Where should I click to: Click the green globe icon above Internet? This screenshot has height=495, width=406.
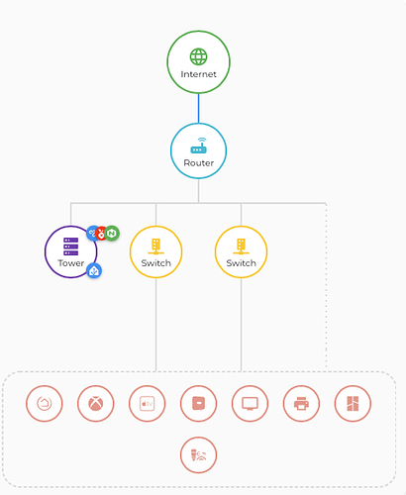click(198, 56)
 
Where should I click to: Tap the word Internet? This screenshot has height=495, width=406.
click(198, 74)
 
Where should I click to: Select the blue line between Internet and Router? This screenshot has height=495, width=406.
click(198, 108)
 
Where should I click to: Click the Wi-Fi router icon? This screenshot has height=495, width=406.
click(198, 146)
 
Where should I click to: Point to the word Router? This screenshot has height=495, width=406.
click(199, 163)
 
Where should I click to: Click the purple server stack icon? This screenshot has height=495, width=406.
click(71, 247)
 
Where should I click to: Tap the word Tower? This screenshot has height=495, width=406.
click(71, 263)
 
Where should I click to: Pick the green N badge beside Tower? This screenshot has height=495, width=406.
click(112, 234)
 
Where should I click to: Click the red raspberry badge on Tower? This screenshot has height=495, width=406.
click(101, 234)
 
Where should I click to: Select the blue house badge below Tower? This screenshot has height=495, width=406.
click(94, 271)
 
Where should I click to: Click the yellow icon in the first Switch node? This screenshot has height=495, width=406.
click(155, 247)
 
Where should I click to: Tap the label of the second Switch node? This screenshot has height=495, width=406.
click(241, 263)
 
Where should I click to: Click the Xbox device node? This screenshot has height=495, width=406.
click(95, 404)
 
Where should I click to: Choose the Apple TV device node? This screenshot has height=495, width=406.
click(147, 404)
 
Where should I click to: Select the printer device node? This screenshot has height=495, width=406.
click(301, 404)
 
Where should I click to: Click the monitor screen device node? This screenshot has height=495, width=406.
click(250, 404)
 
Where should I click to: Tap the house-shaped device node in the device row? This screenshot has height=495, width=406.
click(45, 404)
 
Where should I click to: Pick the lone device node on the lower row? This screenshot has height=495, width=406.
click(198, 455)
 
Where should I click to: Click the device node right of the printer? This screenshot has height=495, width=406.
click(353, 404)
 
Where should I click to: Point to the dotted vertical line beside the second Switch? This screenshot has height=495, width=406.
click(326, 285)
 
